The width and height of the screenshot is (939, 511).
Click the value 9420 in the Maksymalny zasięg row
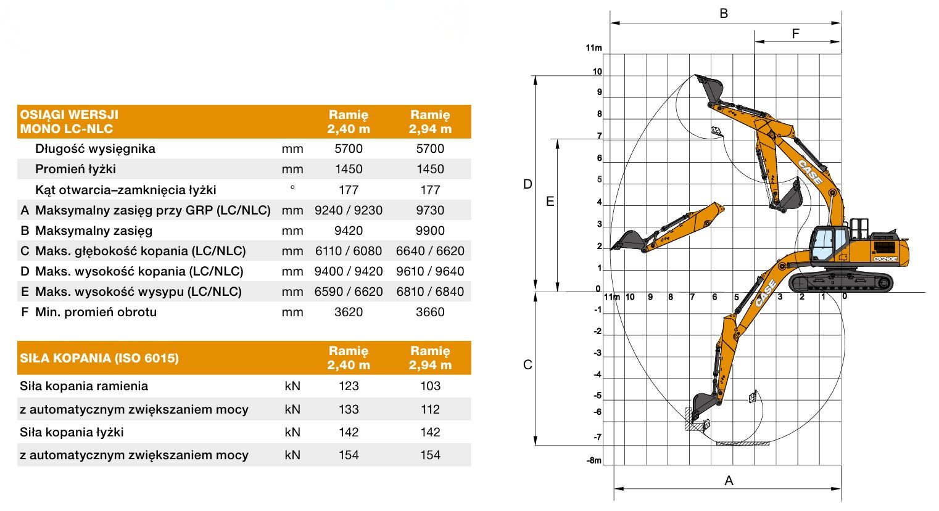coord(349,231)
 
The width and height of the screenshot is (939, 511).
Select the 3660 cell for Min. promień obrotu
coord(430,312)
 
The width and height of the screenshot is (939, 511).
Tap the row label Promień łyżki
coord(75,170)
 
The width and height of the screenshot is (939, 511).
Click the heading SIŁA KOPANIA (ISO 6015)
coord(99,358)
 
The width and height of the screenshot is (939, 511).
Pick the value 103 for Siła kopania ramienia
coord(430,386)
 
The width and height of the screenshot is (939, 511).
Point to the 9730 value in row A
coord(430,210)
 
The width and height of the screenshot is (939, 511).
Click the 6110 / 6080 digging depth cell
coord(349,251)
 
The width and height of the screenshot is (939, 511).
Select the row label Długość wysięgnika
coord(95,149)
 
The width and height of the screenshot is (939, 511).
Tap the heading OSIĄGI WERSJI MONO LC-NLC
coord(69,121)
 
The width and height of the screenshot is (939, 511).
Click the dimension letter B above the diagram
coord(724,14)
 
